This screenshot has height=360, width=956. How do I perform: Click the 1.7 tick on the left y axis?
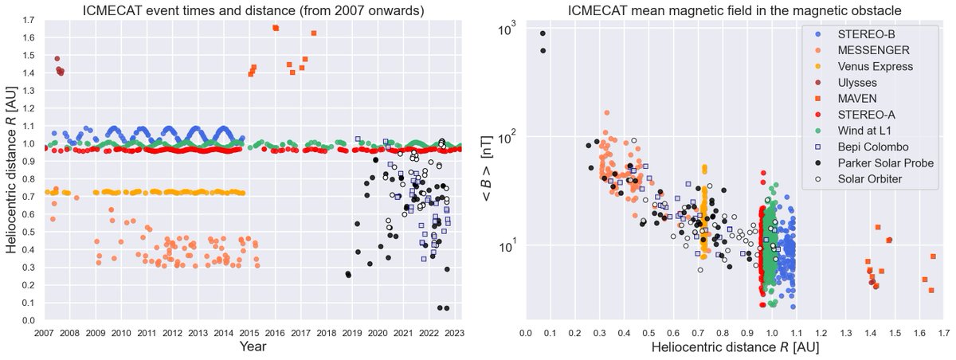29,21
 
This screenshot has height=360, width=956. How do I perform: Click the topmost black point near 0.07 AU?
543,33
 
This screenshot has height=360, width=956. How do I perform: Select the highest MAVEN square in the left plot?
276,28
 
